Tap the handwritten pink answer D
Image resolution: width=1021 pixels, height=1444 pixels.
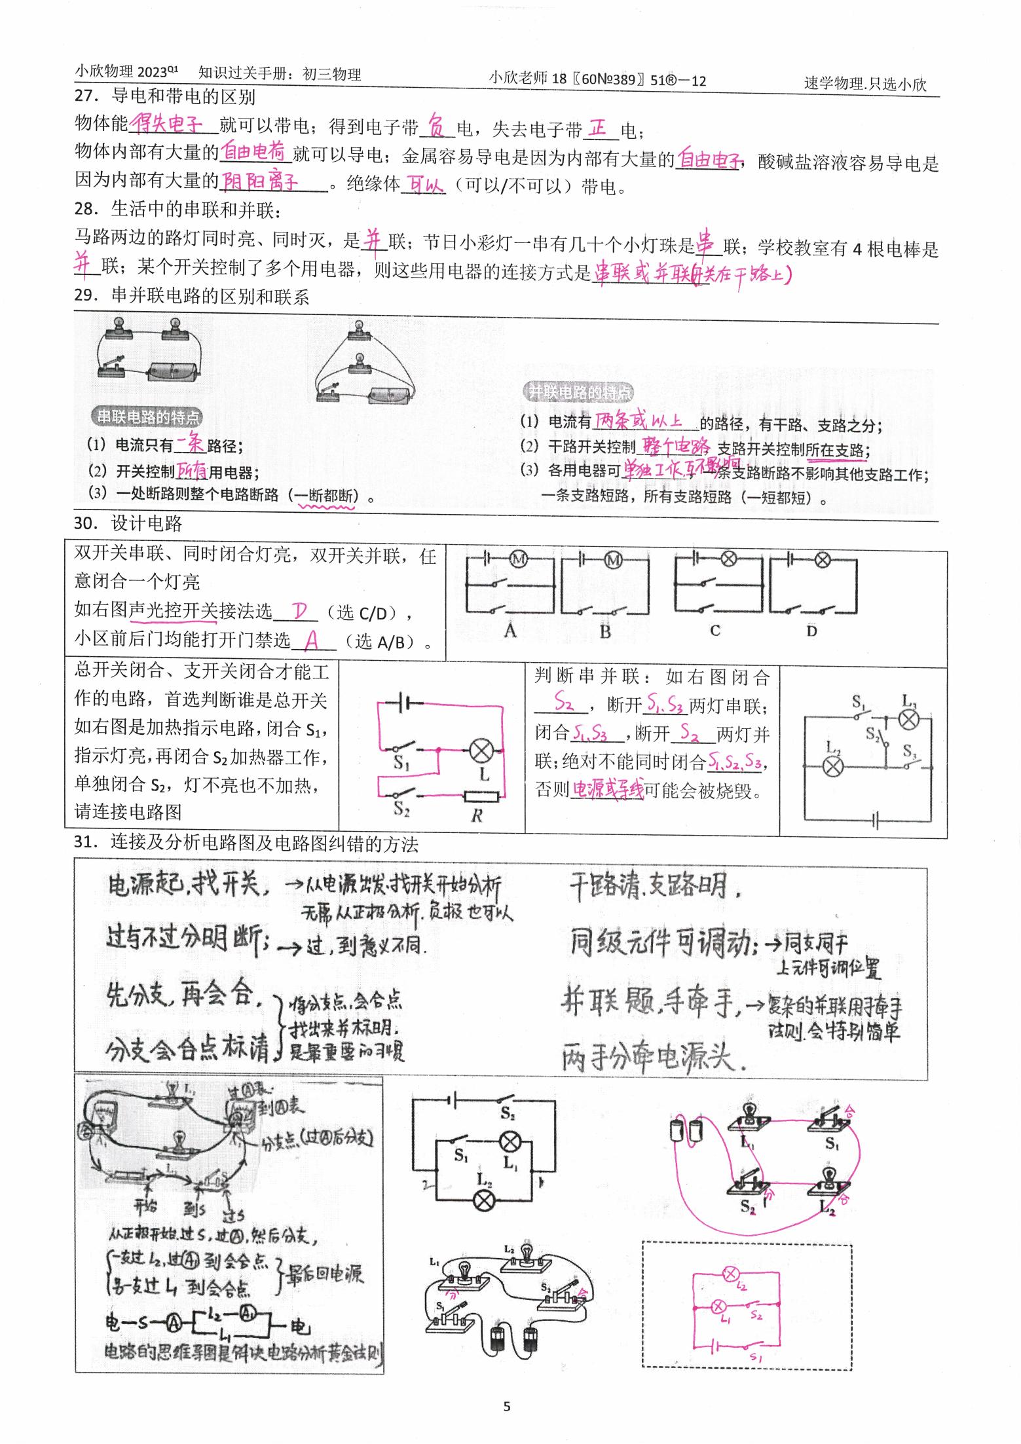pyautogui.click(x=300, y=612)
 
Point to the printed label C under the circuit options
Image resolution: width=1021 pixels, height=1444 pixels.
pyautogui.click(x=715, y=631)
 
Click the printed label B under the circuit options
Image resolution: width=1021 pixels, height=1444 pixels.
pyautogui.click(x=604, y=632)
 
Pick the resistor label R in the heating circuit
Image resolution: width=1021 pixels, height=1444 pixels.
pyautogui.click(x=476, y=816)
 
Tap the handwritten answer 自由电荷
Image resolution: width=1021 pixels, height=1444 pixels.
pyautogui.click(x=254, y=152)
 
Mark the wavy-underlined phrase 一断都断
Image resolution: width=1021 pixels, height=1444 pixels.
pyautogui.click(x=325, y=496)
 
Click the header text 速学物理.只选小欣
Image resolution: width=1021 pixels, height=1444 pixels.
pyautogui.click(x=864, y=84)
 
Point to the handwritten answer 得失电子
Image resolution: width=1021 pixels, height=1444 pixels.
pyautogui.click(x=167, y=123)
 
